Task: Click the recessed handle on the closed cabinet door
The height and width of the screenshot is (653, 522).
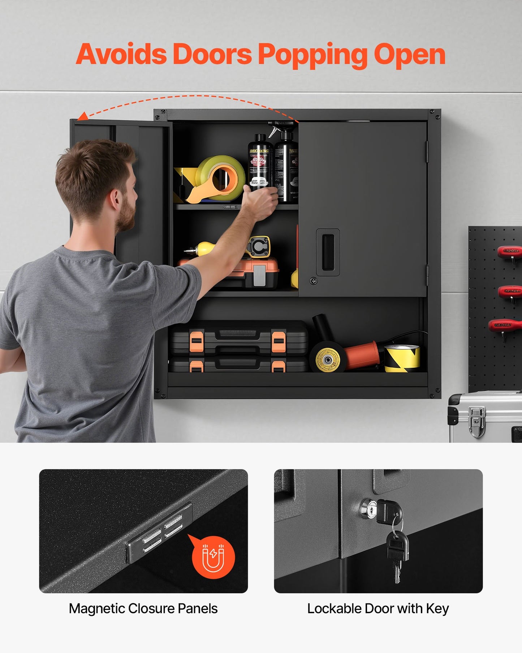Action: tap(328, 252)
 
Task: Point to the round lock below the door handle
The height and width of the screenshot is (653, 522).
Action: tap(314, 281)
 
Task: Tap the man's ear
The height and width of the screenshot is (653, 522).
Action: tap(115, 199)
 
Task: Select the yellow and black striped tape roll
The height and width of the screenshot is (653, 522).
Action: tap(402, 358)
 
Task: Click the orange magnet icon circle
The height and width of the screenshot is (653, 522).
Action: tap(213, 557)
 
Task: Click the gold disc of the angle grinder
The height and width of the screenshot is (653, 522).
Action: tap(327, 359)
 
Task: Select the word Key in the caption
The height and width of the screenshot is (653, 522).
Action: tap(437, 609)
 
